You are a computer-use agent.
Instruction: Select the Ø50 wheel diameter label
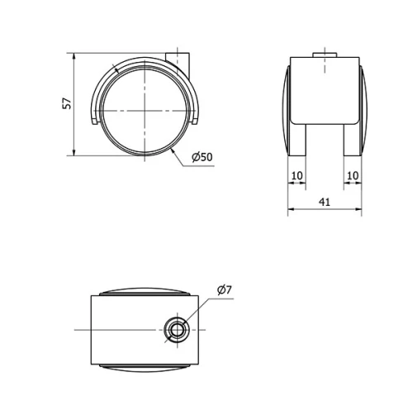point(202,157)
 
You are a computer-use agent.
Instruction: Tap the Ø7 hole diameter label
point(224,289)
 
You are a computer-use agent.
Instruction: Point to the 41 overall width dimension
point(325,202)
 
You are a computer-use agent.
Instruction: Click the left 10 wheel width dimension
point(297,175)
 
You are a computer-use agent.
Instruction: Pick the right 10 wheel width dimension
point(353,175)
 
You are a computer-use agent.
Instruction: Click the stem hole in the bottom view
point(176,330)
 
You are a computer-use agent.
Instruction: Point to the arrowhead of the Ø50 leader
point(171,150)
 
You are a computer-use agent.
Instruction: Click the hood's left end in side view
point(93,122)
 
